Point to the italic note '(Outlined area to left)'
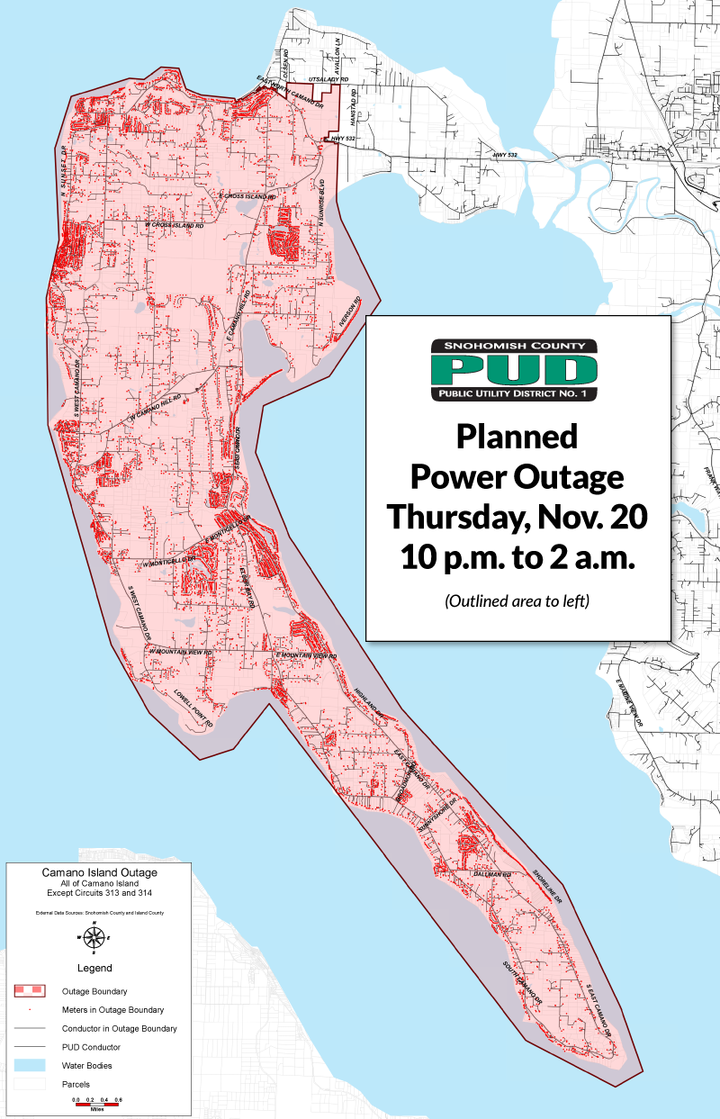coord(517,600)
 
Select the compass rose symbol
coord(93,937)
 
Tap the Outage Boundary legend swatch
coord(29,989)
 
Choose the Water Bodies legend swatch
coord(29,1066)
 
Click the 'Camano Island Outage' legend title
coord(99,873)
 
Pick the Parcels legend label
coord(76,1085)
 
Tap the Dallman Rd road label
coord(495,874)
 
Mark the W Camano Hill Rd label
coord(154,411)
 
